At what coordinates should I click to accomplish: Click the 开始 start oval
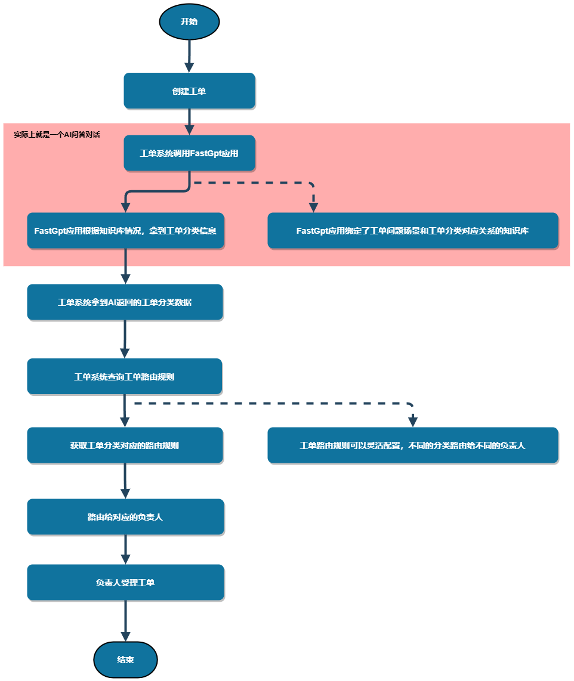pos(189,21)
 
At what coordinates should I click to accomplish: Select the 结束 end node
pos(125,660)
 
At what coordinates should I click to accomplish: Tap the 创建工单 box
pos(189,91)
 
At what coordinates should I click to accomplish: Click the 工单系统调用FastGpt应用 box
pos(189,153)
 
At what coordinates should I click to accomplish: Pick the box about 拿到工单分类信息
pos(125,231)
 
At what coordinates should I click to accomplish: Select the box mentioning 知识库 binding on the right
pos(413,231)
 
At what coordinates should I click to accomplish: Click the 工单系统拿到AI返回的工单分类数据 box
pos(125,302)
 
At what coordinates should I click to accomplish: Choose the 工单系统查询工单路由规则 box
pos(125,376)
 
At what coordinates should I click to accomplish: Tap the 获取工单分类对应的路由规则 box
pos(125,445)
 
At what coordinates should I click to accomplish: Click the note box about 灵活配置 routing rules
pos(413,445)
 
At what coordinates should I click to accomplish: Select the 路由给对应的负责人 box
pos(125,517)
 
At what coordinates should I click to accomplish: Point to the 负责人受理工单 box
pos(125,583)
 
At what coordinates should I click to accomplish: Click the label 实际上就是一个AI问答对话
pos(57,135)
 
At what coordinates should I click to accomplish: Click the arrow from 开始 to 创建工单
pos(189,56)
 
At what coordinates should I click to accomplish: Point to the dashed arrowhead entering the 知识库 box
pos(313,207)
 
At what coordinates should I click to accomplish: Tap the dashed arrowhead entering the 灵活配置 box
pos(413,421)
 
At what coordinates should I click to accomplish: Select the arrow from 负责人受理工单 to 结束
pos(125,621)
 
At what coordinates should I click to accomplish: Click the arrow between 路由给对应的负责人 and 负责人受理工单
pos(125,549)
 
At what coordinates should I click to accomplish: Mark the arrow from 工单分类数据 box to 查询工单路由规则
pos(125,339)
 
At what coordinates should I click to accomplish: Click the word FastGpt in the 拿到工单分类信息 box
pos(50,231)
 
